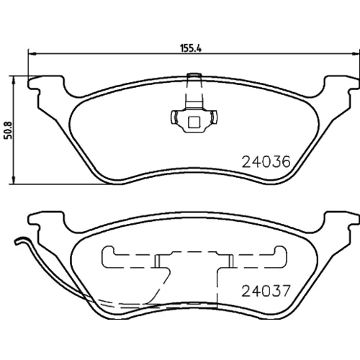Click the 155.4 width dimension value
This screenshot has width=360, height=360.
pos(191,48)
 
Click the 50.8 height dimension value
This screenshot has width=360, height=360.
pos(8,130)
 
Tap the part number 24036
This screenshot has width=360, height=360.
pos(266,162)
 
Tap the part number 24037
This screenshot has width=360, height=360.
pos(266,291)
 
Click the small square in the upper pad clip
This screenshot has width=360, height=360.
pos(194,122)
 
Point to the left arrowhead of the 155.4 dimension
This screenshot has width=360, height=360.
pos(32,54)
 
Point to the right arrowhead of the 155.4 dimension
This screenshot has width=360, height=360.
pos(356,54)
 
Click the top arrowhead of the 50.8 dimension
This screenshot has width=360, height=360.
pos(14,80)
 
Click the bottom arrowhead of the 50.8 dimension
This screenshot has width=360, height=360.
pos(14,181)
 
